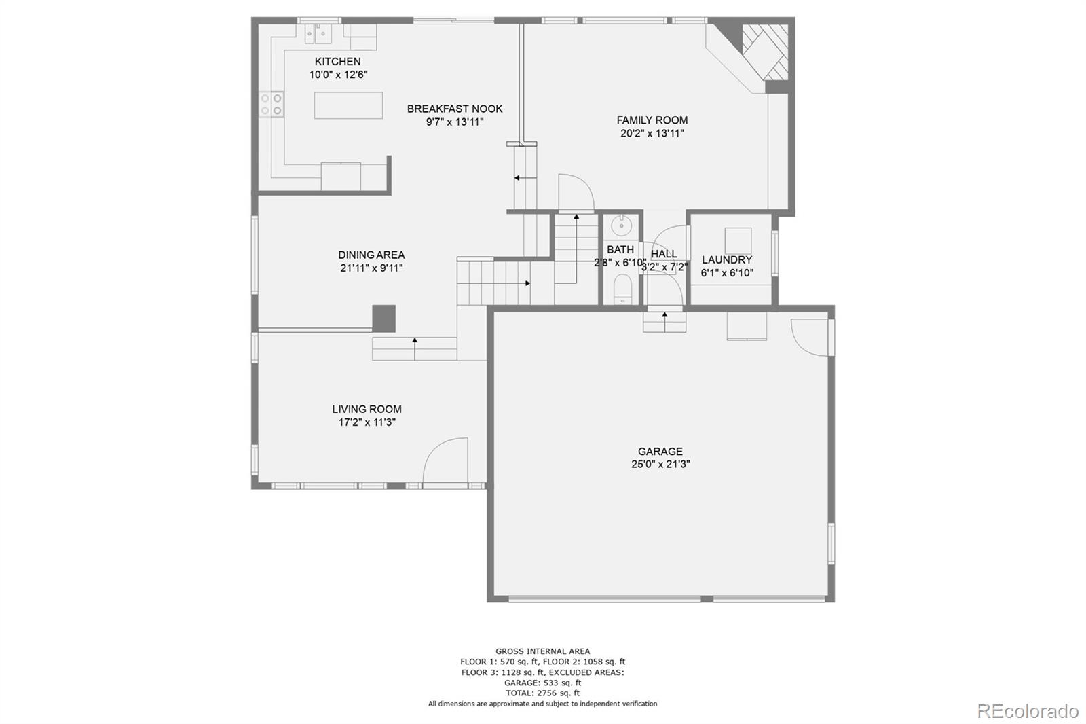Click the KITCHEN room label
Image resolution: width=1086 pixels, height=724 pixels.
[x=337, y=62]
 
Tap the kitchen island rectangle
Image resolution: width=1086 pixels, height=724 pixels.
[x=348, y=105]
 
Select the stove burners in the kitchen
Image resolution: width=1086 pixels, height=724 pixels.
[x=271, y=104]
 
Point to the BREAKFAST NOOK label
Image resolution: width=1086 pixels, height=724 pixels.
[x=455, y=109]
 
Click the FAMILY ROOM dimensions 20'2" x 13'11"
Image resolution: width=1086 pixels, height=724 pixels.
[x=652, y=134]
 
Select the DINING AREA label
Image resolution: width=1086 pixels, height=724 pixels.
[x=371, y=255]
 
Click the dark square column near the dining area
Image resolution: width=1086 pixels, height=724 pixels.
[x=383, y=318]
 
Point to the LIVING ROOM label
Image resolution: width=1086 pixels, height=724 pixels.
[x=367, y=409]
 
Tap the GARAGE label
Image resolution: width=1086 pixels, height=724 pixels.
[x=660, y=451]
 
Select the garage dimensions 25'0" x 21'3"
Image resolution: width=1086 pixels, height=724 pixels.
[x=660, y=465]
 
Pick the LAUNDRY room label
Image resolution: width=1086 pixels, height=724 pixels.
[x=726, y=259]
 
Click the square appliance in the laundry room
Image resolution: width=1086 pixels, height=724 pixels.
[x=738, y=240]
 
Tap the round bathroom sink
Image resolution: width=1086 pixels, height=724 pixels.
[x=620, y=225]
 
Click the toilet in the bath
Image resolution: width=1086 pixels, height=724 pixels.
[x=622, y=290]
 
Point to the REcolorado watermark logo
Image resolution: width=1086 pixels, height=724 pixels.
[x=1027, y=710]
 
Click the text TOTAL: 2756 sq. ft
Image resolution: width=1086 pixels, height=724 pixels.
[x=542, y=693]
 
